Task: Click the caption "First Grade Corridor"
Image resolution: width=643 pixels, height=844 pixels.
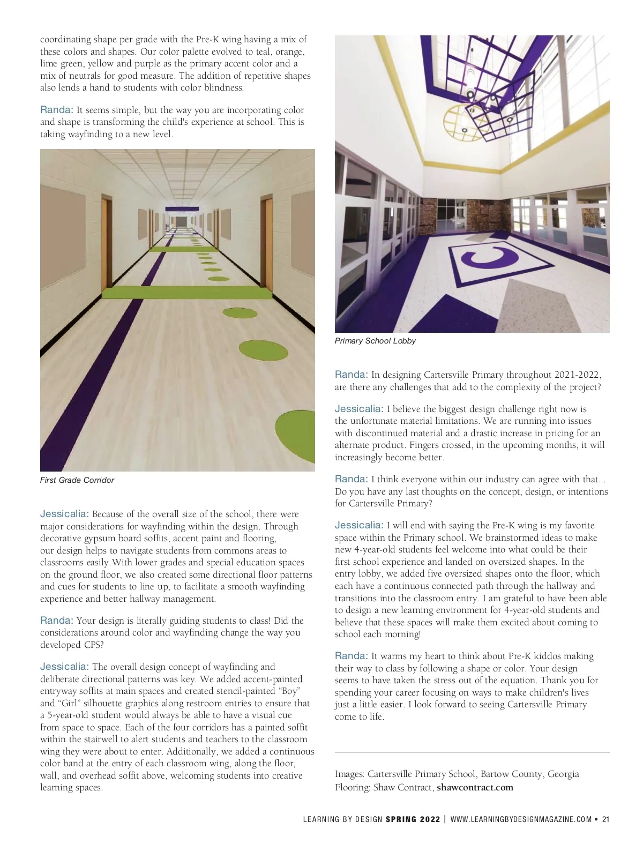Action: (x=77, y=480)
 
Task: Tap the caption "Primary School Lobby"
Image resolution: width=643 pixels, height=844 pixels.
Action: (x=375, y=341)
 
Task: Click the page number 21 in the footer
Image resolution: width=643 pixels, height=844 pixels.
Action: (x=606, y=819)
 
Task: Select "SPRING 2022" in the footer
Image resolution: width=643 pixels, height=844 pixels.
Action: (x=413, y=819)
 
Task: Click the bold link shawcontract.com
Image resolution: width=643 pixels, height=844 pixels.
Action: (x=475, y=787)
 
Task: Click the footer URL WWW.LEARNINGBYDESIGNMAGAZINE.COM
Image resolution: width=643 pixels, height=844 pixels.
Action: (x=521, y=819)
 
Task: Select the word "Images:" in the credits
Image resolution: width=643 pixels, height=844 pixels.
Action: (x=350, y=774)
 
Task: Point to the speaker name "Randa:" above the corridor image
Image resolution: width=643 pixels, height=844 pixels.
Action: (x=56, y=110)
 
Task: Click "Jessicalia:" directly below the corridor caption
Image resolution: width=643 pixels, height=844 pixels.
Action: (x=64, y=514)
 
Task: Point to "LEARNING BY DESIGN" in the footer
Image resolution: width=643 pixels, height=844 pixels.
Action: (x=343, y=819)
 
